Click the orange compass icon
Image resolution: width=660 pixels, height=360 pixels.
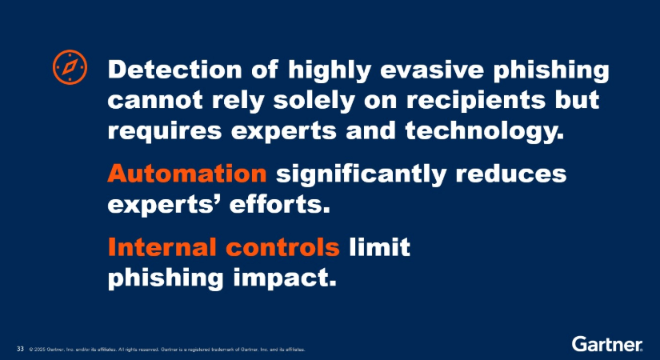tap(70, 67)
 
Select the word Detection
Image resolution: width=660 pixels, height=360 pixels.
tap(174, 70)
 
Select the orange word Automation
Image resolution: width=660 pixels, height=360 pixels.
tap(187, 174)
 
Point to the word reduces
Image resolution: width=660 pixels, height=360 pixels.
tap(511, 174)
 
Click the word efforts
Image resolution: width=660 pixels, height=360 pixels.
tap(279, 205)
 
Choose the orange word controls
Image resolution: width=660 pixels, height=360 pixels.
tap(282, 246)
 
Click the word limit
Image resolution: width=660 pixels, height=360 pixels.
tap(380, 246)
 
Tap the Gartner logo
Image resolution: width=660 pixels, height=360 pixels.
tap(607, 343)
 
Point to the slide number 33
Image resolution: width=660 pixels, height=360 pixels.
tap(20, 349)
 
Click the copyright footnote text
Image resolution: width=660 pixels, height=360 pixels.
tap(167, 350)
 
